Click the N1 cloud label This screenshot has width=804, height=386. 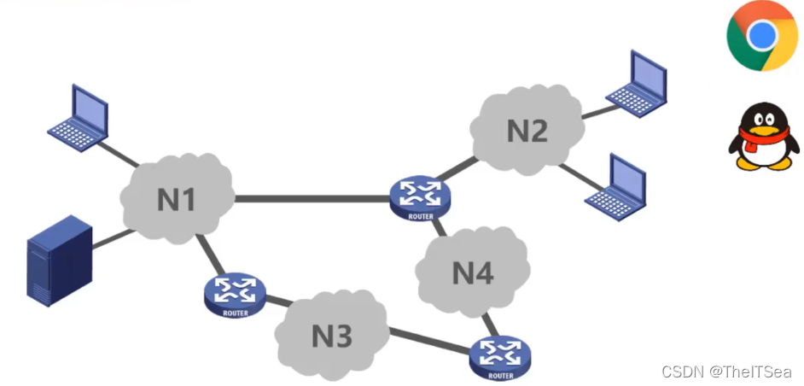coord(177,200)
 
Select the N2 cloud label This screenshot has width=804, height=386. coord(527,131)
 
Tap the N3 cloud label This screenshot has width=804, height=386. coord(331,336)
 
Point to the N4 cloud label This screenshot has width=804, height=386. coord(473,273)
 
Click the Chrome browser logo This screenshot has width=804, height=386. coord(762,35)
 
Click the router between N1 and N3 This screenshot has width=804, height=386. coord(235,295)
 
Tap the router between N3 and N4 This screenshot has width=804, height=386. coord(499,356)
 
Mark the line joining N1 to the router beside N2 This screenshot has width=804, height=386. coord(312,200)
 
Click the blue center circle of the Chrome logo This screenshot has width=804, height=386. coord(762,35)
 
